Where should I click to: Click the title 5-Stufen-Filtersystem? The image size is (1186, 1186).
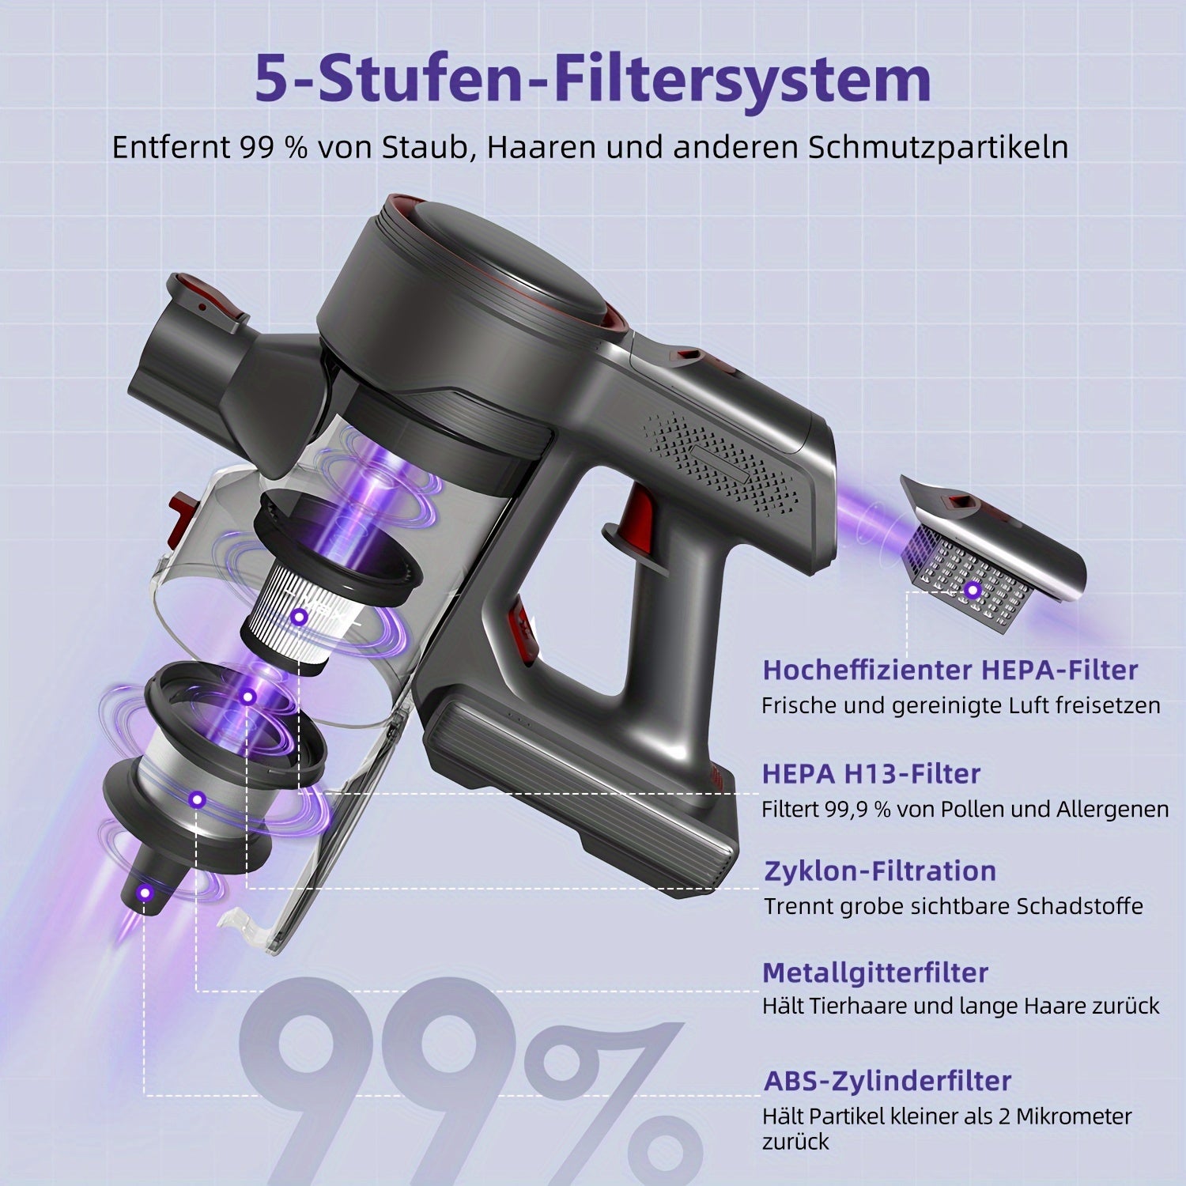pos(593,79)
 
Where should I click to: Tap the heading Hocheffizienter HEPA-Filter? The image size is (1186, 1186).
pos(950,670)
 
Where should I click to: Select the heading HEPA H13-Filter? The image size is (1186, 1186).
pos(871,773)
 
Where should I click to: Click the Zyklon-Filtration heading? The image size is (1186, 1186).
pos(880,871)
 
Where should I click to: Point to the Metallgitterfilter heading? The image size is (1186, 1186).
pos(875,973)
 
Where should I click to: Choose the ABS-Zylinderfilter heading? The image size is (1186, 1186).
pos(887,1081)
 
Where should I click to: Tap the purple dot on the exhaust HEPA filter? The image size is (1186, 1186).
pos(973,590)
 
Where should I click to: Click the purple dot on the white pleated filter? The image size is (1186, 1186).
pos(299,617)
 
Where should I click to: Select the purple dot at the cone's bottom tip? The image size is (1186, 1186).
pos(144,893)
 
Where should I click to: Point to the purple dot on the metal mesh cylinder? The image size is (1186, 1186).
pos(196,799)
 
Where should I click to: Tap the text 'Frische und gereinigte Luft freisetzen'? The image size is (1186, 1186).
pos(961,705)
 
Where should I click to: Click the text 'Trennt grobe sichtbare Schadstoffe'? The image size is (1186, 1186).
pos(953,905)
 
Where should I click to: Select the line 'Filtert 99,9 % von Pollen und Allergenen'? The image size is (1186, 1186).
pos(965,809)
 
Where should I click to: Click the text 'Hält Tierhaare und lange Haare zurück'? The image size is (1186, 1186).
pos(961,1006)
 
